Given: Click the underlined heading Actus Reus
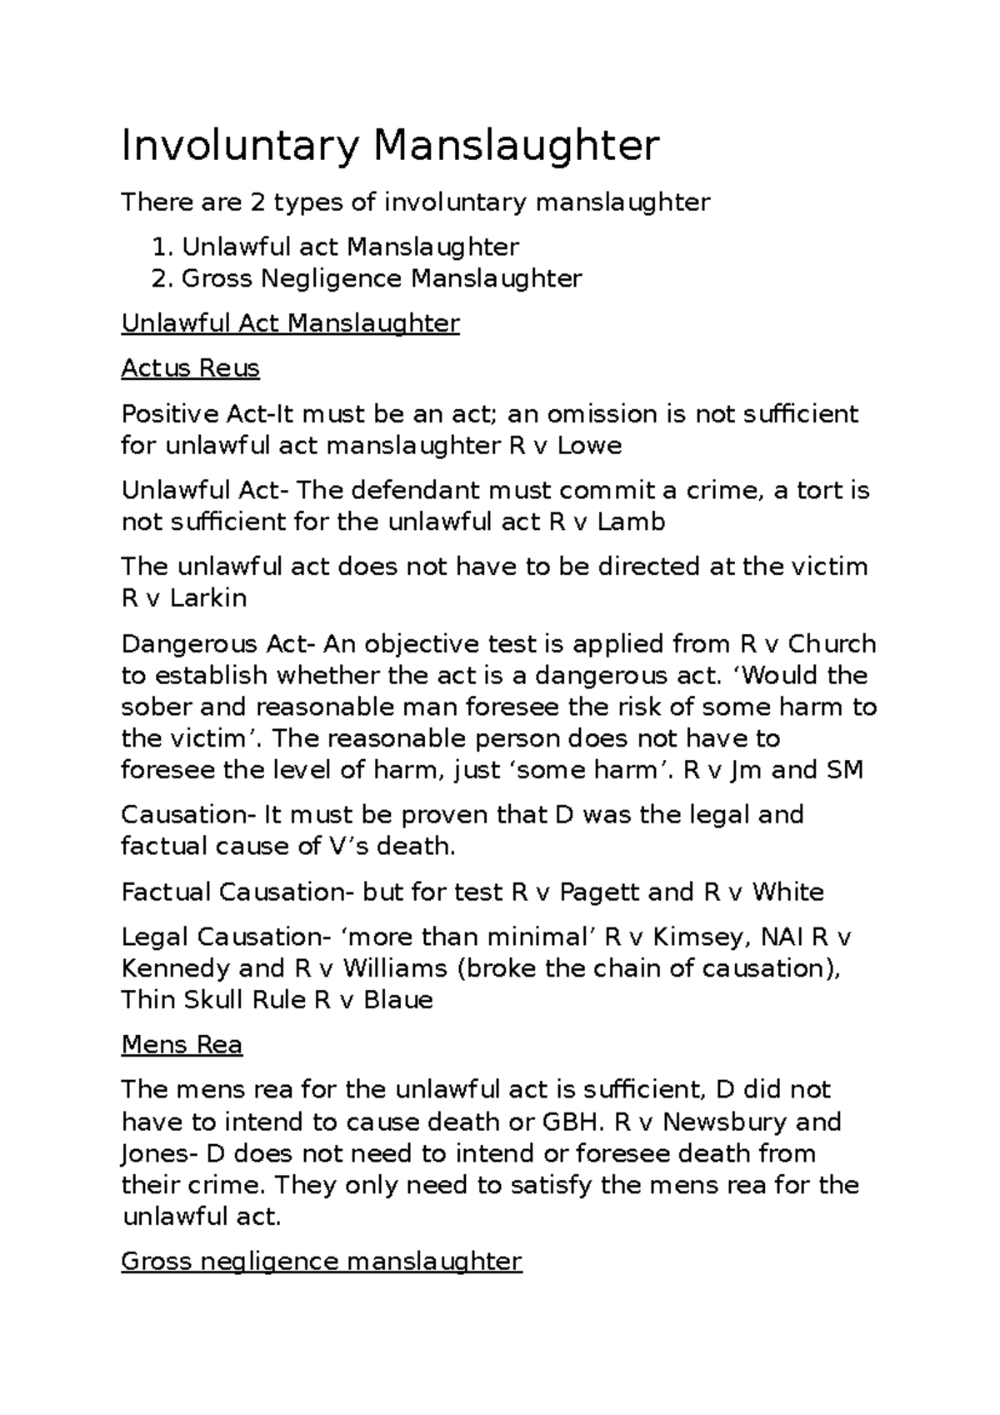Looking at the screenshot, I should coord(190,368).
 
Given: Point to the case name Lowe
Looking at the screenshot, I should coord(589,446).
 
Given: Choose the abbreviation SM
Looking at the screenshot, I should coord(843,770).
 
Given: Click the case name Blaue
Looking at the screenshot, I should coord(398,1000).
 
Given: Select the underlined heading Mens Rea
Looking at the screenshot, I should coord(182,1045).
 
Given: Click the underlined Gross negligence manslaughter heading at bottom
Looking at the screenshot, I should coord(322,1262).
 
